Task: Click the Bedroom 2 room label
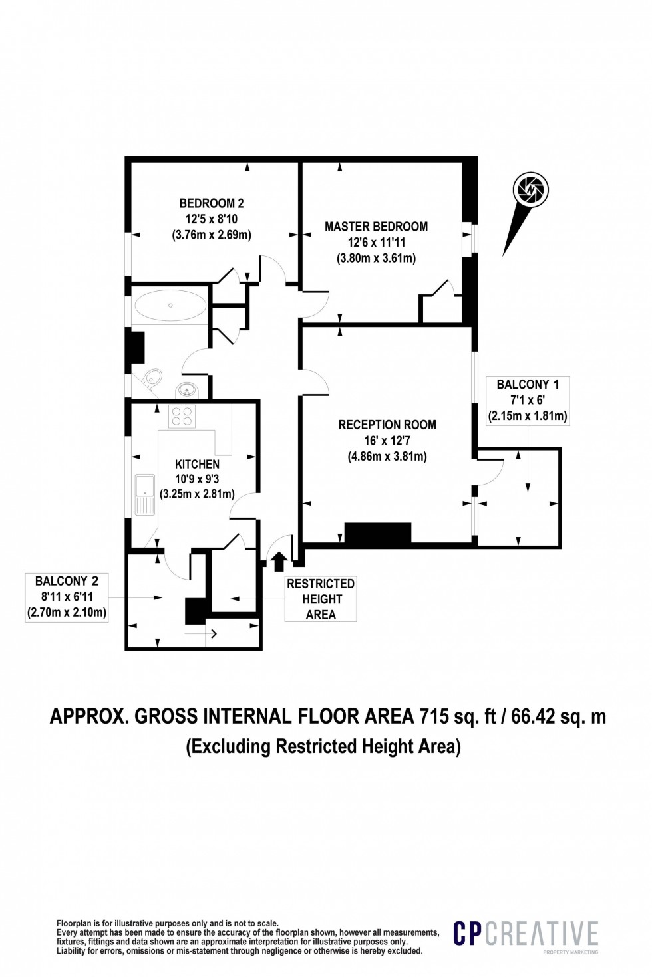(212, 203)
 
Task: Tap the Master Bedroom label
(376, 227)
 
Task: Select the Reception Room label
(387, 425)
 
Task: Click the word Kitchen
(197, 464)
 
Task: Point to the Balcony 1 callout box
(528, 400)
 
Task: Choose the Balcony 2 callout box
(67, 597)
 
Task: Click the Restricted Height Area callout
(321, 599)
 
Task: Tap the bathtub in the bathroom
(170, 306)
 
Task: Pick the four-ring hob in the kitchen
(182, 417)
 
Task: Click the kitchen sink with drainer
(144, 494)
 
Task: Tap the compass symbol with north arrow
(530, 191)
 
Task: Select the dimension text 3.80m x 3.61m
(376, 259)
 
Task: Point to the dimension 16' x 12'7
(387, 441)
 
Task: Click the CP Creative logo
(526, 934)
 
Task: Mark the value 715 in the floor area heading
(434, 716)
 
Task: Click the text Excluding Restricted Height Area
(323, 746)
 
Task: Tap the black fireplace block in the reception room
(377, 534)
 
